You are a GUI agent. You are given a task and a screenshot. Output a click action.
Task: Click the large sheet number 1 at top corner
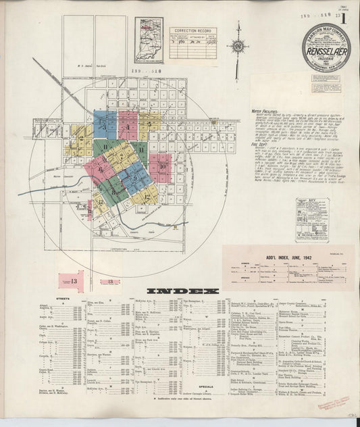(345, 20)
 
